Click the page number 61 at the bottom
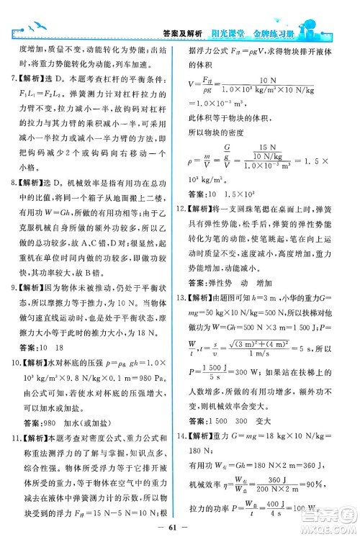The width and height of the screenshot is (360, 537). click(179, 520)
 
